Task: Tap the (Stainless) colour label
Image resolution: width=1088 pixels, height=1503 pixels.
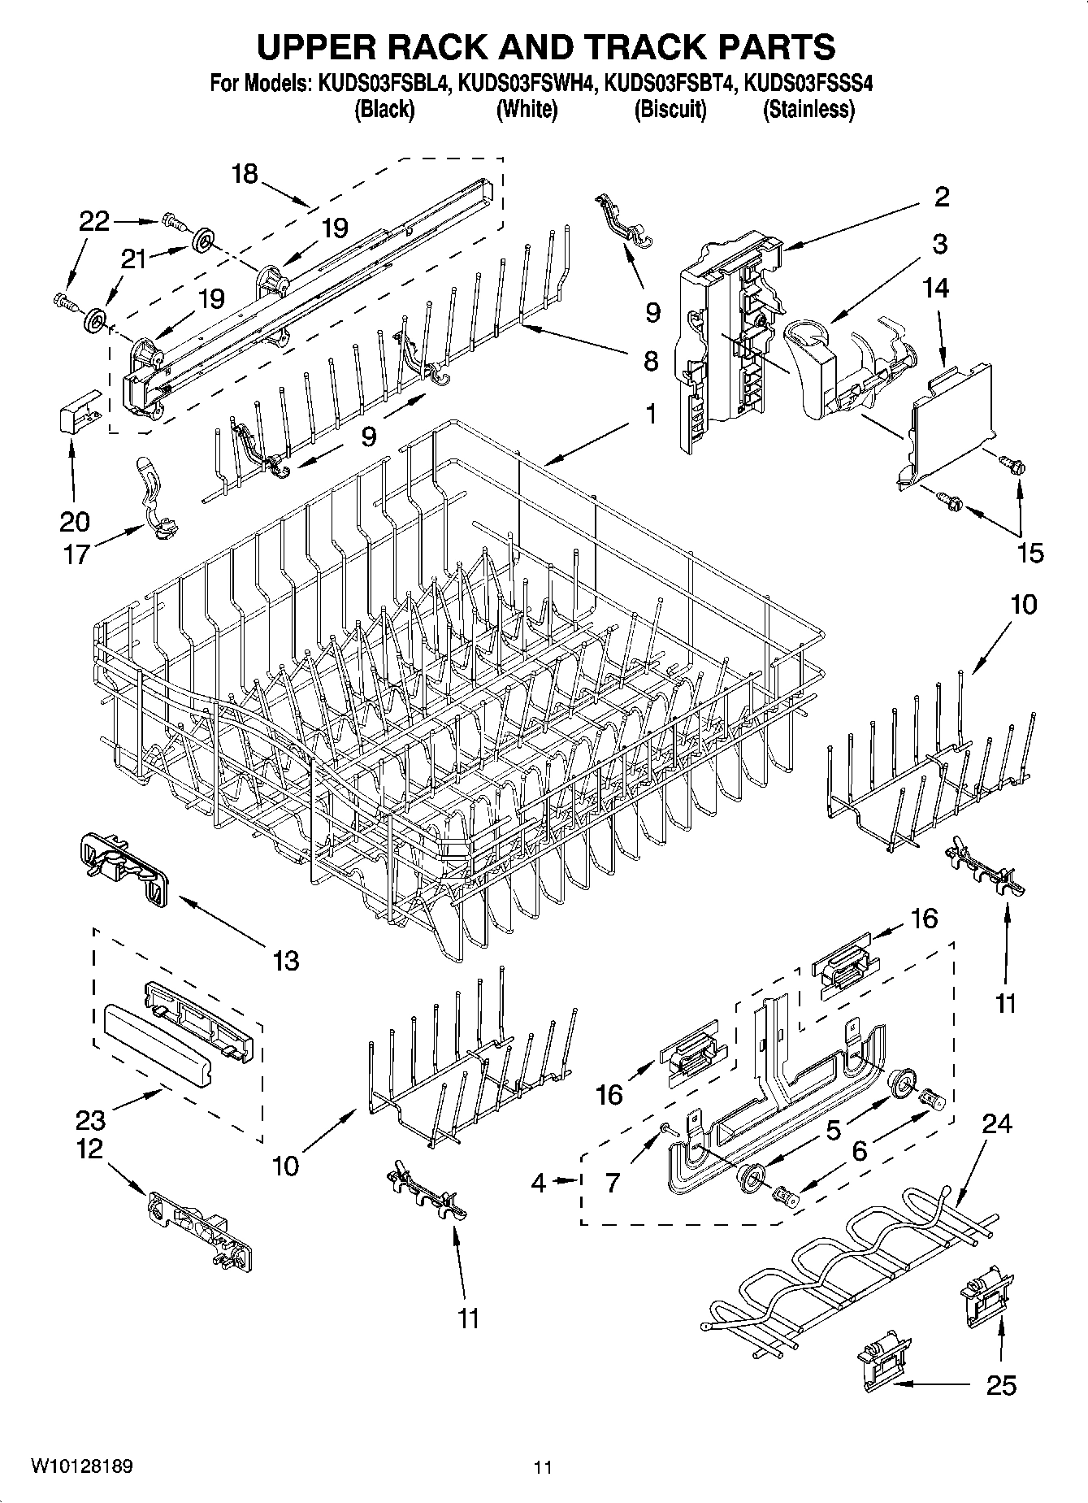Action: (808, 110)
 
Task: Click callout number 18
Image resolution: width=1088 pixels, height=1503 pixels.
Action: (244, 173)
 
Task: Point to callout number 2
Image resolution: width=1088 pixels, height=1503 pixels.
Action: (941, 197)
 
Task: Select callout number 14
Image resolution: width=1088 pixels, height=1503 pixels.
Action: (935, 288)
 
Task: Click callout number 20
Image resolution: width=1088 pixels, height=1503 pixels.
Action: (74, 521)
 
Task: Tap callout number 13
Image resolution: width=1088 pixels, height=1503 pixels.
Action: (286, 961)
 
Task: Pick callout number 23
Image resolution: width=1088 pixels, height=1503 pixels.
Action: (90, 1120)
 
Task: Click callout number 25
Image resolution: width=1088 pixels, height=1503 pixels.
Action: (1000, 1385)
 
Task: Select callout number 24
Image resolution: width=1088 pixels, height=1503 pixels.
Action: (997, 1124)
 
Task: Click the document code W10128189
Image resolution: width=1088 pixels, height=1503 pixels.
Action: (81, 1467)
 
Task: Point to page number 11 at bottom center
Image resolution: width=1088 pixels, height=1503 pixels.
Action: (543, 1467)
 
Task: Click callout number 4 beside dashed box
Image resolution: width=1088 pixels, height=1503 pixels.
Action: (539, 1182)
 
